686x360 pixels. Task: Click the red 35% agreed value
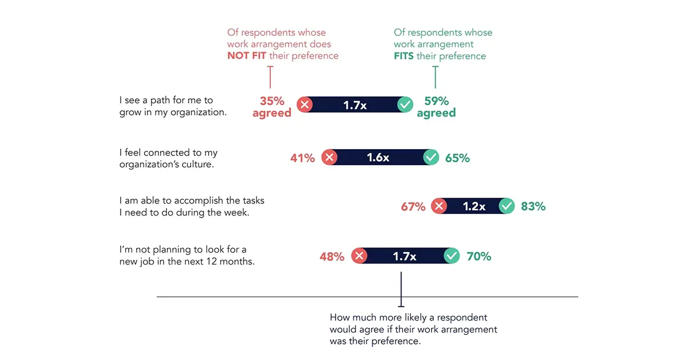pyautogui.click(x=272, y=107)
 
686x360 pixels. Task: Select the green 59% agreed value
pyautogui.click(x=436, y=107)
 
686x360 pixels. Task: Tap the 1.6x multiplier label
pyautogui.click(x=378, y=158)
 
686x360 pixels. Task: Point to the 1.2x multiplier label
pyautogui.click(x=474, y=207)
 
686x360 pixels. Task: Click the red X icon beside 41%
pyautogui.click(x=329, y=158)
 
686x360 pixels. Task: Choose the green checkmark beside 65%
pyautogui.click(x=431, y=158)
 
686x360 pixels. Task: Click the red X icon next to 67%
pyautogui.click(x=439, y=207)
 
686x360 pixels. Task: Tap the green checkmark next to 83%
pyautogui.click(x=507, y=207)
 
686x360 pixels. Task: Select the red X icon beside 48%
pyautogui.click(x=359, y=256)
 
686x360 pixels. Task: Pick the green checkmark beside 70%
pyautogui.click(x=452, y=256)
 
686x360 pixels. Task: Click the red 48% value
pyautogui.click(x=332, y=257)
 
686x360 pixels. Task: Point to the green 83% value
pyautogui.click(x=533, y=207)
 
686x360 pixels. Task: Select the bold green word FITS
pyautogui.click(x=404, y=56)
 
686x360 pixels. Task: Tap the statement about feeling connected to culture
pyautogui.click(x=169, y=158)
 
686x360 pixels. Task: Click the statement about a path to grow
pyautogui.click(x=173, y=106)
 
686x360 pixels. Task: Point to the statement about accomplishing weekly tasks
pyautogui.click(x=192, y=206)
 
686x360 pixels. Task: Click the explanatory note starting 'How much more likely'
pyautogui.click(x=413, y=329)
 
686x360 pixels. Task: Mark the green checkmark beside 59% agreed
pyautogui.click(x=405, y=105)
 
